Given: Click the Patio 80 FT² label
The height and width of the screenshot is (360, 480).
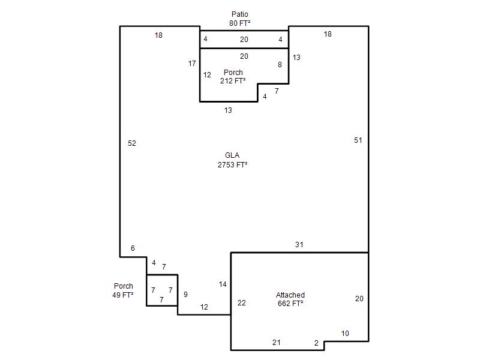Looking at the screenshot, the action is point(239,19).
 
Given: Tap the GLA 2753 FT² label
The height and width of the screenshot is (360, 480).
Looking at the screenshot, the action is point(232,160).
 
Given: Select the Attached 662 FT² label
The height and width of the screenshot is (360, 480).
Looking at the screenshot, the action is point(290,299).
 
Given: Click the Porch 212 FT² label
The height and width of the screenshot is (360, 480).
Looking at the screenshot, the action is point(233,77).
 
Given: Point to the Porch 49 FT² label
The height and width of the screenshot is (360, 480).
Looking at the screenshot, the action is point(123,290).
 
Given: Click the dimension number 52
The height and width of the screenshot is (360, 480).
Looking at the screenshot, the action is point(132,143).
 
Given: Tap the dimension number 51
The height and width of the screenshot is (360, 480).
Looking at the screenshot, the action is point(358,140).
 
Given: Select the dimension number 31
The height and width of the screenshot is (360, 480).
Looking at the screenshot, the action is point(299,245).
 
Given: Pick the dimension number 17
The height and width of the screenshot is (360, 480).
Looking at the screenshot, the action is point(192,64).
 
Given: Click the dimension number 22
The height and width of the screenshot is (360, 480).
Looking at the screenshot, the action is point(242,303).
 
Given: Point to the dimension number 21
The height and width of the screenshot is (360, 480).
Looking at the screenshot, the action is point(277,342).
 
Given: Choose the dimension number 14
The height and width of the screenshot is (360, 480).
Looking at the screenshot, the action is point(223,284).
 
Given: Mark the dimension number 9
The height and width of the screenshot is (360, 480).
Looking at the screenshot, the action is point(185,295).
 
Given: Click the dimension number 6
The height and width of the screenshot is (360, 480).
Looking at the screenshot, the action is point(133,248).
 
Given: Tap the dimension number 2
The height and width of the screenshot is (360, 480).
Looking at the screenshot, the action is point(317,343).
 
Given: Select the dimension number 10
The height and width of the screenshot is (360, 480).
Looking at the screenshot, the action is point(345,334).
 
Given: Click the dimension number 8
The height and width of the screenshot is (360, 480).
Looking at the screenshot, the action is point(280,65).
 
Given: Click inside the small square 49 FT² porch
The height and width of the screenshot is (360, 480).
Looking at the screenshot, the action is point(162,290).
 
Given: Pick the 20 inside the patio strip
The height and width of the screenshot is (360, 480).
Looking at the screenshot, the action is point(244,40).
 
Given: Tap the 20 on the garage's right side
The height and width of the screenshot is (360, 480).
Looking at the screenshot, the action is point(359,298).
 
